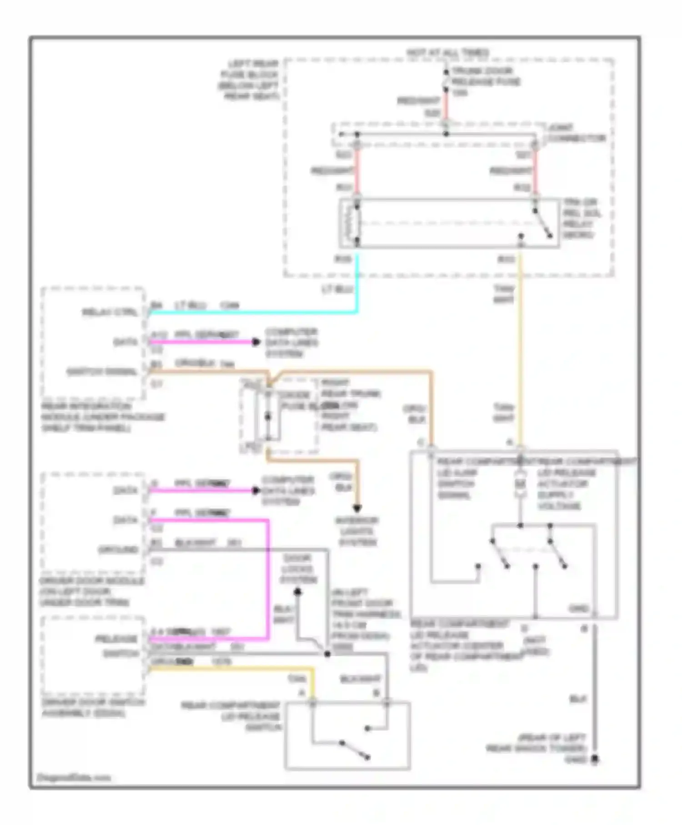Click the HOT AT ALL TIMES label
[x=447, y=53]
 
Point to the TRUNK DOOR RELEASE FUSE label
[x=486, y=77]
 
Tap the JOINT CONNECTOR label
[x=577, y=133]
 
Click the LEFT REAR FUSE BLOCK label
[x=249, y=80]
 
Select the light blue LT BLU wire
[x=255, y=312]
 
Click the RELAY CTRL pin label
[x=110, y=312]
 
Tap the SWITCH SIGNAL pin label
[x=102, y=372]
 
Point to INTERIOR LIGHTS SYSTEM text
[x=357, y=531]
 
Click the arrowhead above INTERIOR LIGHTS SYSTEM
[x=358, y=508]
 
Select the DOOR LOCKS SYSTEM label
[x=298, y=568]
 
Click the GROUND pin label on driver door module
[x=118, y=550]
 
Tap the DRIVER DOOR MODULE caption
[x=91, y=591]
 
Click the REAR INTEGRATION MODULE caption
[x=103, y=417]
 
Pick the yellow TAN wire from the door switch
[x=232, y=669]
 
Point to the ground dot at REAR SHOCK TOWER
[x=595, y=759]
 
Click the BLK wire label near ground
[x=578, y=699]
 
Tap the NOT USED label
[x=536, y=646]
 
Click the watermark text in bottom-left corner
[x=73, y=777]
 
